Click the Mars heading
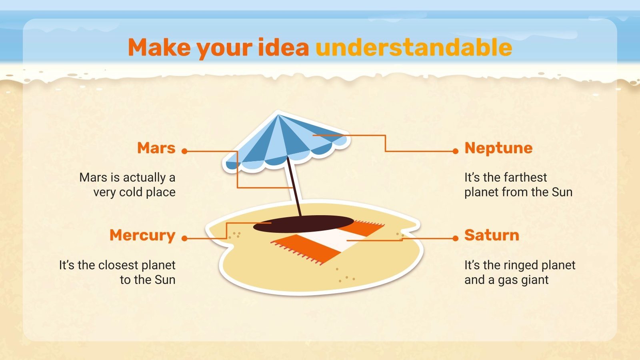click(x=156, y=148)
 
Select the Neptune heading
click(x=498, y=148)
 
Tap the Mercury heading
click(x=142, y=235)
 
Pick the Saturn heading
click(x=492, y=235)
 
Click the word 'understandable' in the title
click(x=414, y=48)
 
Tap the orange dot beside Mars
click(x=184, y=151)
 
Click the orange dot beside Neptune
click(x=456, y=151)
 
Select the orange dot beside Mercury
click(x=184, y=238)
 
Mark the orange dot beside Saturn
click(x=456, y=238)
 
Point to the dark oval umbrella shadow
click(x=303, y=225)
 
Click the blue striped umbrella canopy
click(x=280, y=140)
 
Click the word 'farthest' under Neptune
click(x=527, y=177)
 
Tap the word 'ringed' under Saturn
click(x=522, y=265)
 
